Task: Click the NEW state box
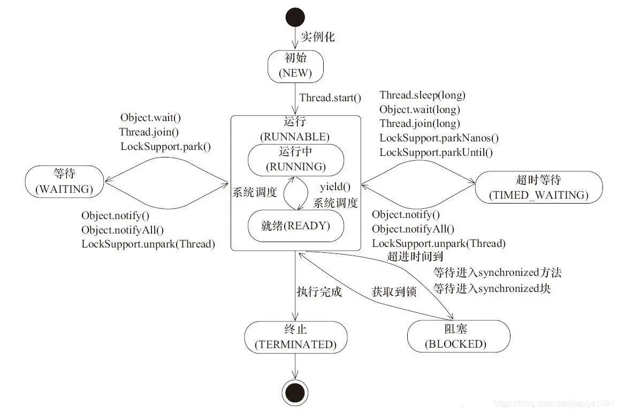point(295,66)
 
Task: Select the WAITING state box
point(64,181)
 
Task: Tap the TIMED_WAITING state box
point(538,187)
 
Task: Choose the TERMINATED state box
point(295,337)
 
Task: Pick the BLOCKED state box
point(455,336)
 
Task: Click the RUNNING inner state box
point(295,160)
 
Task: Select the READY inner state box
point(295,226)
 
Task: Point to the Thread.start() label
point(330,97)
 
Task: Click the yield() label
point(335,187)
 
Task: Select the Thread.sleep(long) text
point(422,95)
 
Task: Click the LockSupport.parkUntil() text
point(436,152)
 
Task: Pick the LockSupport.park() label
point(165,146)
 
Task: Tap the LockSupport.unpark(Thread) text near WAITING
point(148,244)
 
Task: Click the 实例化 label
point(317,37)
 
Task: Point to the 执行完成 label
point(319,292)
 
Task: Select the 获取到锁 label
point(394,292)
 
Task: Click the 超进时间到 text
point(415,257)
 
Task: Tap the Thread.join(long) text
point(419,124)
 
